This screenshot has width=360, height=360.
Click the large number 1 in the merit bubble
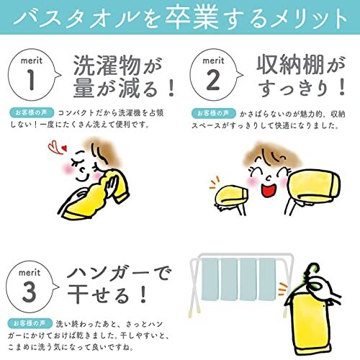click(x=32, y=80)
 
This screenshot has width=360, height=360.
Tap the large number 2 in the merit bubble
click(x=213, y=80)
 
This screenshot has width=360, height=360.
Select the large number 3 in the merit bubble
click(x=30, y=292)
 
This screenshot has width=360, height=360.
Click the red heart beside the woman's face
click(x=64, y=148)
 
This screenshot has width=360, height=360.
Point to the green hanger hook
click(x=312, y=269)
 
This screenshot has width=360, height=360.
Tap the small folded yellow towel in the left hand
click(x=231, y=195)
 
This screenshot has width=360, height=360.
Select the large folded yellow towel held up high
click(x=314, y=185)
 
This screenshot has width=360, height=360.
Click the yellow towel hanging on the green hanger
click(x=310, y=325)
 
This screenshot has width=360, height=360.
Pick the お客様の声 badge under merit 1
click(x=32, y=112)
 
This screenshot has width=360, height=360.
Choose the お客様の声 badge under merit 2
click(x=213, y=113)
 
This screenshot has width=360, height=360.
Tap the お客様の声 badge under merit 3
click(x=30, y=323)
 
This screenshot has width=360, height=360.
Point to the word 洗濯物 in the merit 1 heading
click(x=107, y=65)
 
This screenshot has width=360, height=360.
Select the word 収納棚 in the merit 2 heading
click(x=290, y=64)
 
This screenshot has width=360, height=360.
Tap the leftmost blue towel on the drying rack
click(x=210, y=279)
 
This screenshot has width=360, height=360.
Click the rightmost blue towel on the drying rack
click(x=267, y=279)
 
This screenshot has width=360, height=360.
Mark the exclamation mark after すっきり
click(x=341, y=87)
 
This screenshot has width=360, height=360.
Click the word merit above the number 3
click(x=30, y=273)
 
